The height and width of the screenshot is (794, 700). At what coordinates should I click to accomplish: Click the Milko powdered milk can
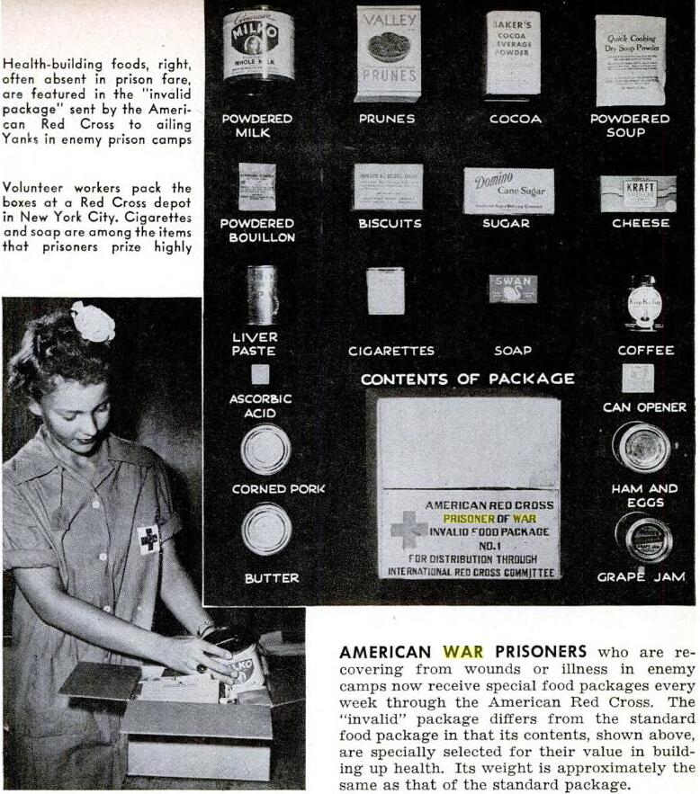[258, 45]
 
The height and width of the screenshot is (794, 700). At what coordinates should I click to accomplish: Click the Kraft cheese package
[638, 193]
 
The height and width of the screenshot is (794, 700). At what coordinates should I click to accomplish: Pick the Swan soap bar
[513, 289]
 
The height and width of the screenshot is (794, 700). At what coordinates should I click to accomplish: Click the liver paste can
[262, 294]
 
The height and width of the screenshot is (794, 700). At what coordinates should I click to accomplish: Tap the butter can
[265, 529]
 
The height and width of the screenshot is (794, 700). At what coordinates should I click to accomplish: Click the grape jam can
[642, 537]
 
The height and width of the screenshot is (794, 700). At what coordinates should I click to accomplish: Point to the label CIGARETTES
[390, 351]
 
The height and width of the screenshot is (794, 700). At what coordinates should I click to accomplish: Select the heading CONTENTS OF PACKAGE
[467, 379]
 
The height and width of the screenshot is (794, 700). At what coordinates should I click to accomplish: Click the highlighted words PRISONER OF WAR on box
[489, 519]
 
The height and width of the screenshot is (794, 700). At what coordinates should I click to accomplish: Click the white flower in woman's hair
[93, 322]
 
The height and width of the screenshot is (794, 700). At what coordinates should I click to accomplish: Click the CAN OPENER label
[644, 407]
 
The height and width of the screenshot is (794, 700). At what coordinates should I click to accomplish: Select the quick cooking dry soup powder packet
[630, 58]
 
